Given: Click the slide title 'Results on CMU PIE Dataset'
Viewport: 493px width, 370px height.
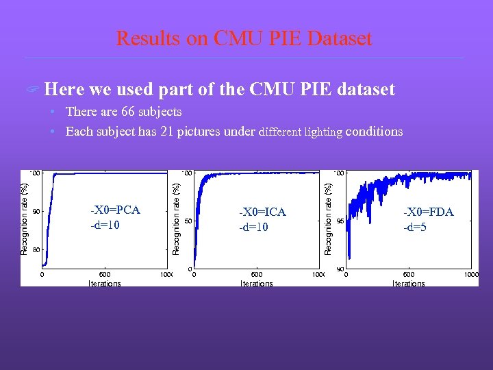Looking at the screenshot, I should tap(244, 38).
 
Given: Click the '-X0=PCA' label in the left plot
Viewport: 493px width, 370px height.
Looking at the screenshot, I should tap(115, 210).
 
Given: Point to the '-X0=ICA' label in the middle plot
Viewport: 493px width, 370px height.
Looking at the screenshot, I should tap(262, 212).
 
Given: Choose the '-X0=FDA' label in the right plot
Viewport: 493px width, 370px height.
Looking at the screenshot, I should tap(428, 212).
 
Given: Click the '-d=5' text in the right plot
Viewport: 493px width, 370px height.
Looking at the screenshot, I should tap(415, 227).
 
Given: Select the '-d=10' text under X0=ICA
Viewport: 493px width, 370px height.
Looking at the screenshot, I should tap(253, 227).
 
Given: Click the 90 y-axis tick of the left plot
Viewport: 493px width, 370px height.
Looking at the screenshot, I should tap(37, 211).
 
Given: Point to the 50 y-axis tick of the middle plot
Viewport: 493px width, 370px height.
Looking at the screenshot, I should tap(188, 221).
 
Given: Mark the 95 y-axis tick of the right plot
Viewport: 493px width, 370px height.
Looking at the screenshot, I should tap(340, 221).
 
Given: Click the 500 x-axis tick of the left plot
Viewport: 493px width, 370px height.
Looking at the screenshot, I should tap(105, 275).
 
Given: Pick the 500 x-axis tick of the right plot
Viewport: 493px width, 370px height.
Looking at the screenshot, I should tap(408, 275).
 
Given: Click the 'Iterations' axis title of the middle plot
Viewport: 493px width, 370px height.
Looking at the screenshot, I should tap(256, 283).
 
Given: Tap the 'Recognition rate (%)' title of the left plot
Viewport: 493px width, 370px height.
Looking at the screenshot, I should tap(25, 219).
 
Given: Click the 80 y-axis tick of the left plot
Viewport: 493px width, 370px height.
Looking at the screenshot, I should tap(37, 249).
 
